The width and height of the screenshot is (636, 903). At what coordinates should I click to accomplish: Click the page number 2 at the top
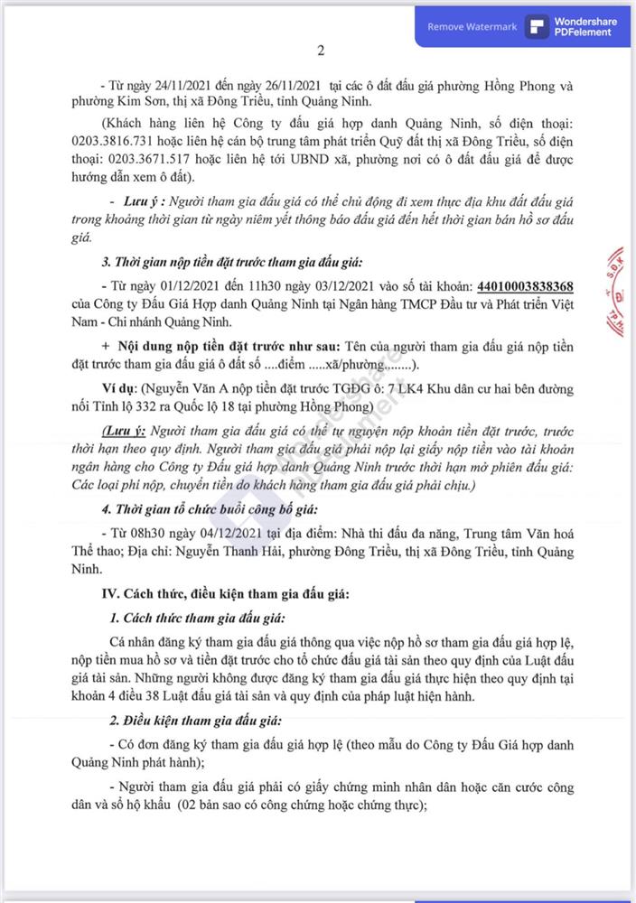pyautogui.click(x=321, y=51)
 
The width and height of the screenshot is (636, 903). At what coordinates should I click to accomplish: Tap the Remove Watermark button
pyautogui.click(x=472, y=27)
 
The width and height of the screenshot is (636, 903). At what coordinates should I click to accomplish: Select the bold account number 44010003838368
pyautogui.click(x=518, y=286)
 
